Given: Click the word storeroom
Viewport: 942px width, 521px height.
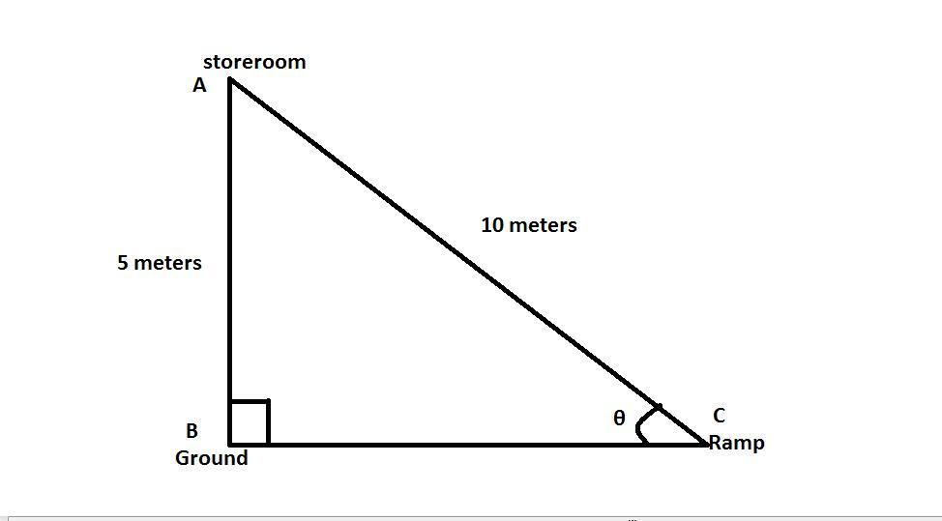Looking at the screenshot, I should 254,62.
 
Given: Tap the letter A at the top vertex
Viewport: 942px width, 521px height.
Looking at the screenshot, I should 199,85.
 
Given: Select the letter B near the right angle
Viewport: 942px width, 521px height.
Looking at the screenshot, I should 191,431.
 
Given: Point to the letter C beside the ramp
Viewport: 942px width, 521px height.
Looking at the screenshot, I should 719,416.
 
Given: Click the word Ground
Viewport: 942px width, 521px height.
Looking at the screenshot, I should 211,458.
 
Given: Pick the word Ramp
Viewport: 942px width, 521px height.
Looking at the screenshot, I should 737,443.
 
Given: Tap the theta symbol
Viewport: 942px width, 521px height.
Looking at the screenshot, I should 619,418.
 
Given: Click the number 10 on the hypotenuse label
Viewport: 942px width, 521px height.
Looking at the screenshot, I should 492,225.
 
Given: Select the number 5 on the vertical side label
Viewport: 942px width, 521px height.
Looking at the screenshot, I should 123,263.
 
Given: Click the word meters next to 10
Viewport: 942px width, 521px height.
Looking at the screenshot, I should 544,225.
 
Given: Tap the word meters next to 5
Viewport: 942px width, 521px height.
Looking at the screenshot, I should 168,263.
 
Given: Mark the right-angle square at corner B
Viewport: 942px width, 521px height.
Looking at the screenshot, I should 249,422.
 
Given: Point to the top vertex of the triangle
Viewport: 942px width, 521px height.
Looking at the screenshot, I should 230,79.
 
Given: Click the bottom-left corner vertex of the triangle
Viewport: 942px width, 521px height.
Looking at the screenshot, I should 230,445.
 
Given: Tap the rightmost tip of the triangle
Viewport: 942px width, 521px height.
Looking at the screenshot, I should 706,444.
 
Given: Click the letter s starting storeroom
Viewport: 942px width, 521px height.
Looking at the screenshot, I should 208,63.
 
